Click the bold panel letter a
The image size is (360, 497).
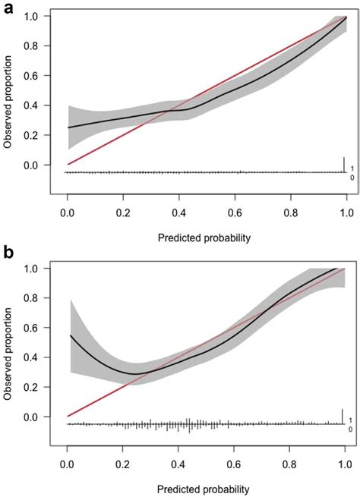[8, 9]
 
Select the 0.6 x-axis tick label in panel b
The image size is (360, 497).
[234, 467]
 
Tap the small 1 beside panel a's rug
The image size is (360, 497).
[352, 168]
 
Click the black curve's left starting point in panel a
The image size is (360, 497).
[68, 127]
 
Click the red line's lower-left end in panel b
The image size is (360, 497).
[68, 416]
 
